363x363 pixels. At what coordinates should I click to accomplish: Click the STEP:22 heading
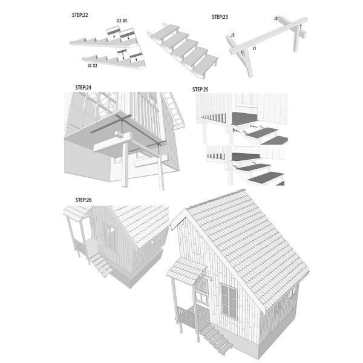(x=80, y=15)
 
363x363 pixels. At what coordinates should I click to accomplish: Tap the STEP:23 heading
(x=220, y=17)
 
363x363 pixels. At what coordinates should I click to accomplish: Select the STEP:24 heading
(x=83, y=88)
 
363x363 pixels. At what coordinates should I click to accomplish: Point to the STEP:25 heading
(x=200, y=90)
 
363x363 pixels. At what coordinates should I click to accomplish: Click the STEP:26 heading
(x=83, y=200)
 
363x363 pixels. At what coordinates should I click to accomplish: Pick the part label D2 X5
(x=122, y=21)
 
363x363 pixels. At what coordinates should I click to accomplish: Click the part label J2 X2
(x=93, y=66)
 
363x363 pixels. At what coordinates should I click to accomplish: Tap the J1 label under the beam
(x=255, y=48)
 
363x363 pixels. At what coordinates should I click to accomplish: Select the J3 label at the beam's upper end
(x=276, y=19)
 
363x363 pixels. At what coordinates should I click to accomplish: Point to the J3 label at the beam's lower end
(x=232, y=35)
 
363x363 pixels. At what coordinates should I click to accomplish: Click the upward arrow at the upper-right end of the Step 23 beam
(x=301, y=27)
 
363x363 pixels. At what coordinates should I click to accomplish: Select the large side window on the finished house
(x=229, y=301)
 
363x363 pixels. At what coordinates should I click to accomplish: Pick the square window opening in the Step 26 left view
(x=111, y=230)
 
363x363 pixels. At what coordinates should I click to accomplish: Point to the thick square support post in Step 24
(x=125, y=165)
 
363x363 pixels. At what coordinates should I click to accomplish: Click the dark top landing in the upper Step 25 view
(x=245, y=118)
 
